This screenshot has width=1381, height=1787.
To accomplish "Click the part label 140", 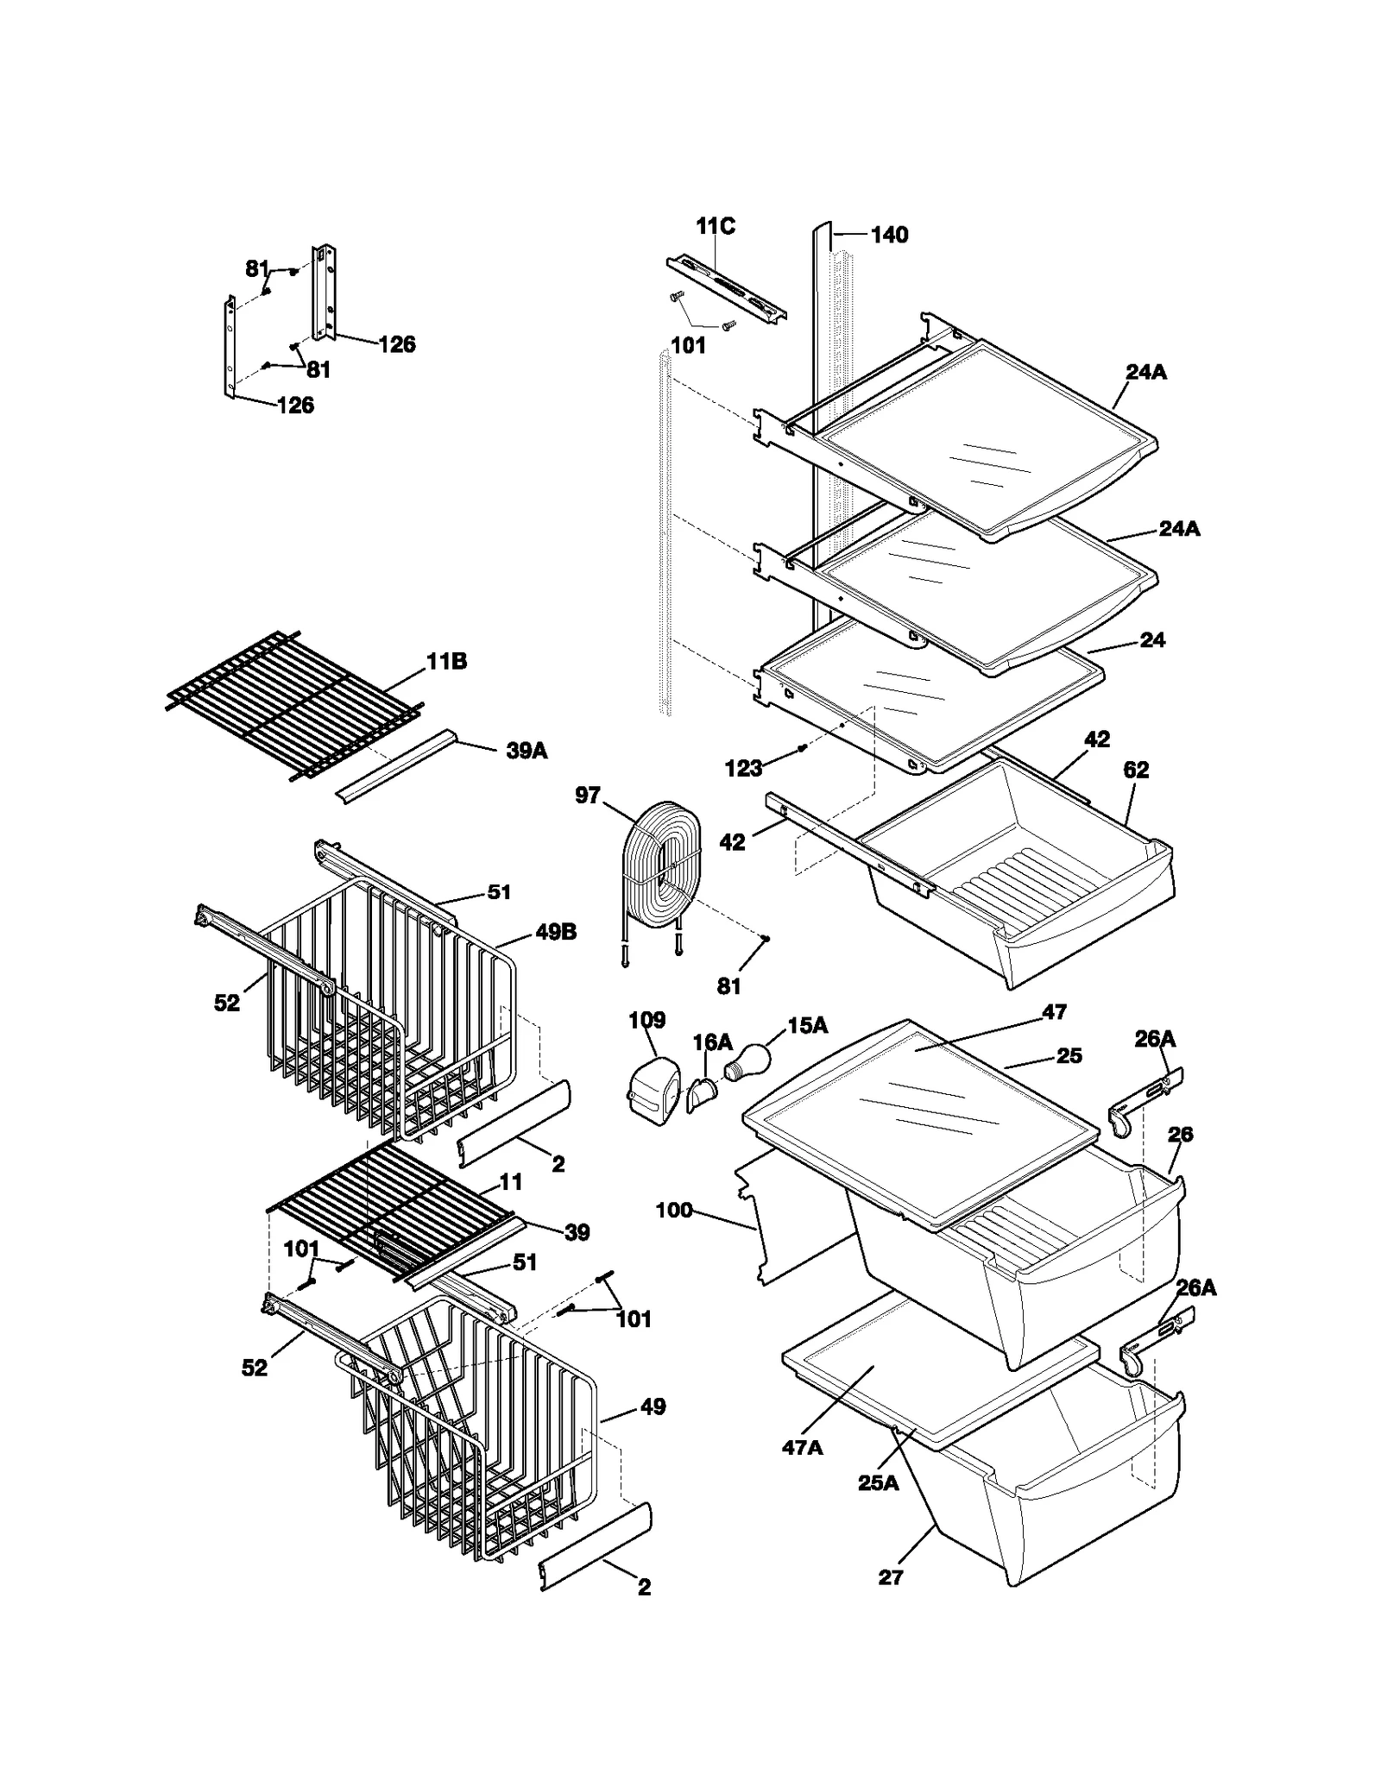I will click(x=889, y=235).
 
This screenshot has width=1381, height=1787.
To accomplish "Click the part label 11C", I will click(x=716, y=226).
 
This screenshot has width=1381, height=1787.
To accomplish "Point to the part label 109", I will click(x=646, y=1020).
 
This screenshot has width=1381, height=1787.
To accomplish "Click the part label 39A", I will click(x=527, y=751).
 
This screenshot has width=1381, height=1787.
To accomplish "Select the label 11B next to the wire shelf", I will click(x=446, y=662).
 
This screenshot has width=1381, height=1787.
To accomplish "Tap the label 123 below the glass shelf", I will click(x=743, y=768).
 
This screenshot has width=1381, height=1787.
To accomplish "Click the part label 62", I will click(x=1136, y=770).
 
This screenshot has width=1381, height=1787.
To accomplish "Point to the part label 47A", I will click(x=802, y=1448).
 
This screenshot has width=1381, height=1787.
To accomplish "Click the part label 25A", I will click(x=878, y=1483).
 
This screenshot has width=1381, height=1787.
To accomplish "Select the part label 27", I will click(x=890, y=1577).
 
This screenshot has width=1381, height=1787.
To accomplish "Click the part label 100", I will click(x=673, y=1211).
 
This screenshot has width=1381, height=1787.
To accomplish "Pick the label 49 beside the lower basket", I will click(x=653, y=1406).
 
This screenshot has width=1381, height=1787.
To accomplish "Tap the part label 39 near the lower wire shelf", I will click(x=577, y=1232).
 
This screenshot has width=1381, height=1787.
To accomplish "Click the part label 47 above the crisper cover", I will click(x=1054, y=1011).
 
